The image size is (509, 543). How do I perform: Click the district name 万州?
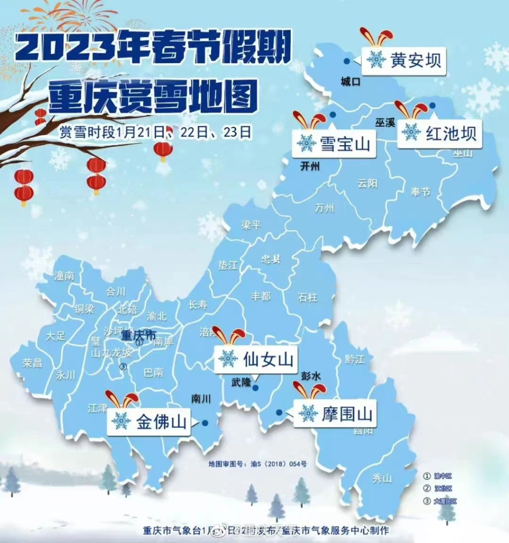(324, 208)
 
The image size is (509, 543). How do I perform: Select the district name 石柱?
(308, 298)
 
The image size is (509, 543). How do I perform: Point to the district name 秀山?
(382, 479)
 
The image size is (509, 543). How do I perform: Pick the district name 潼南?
(63, 276)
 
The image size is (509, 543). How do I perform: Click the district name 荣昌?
(32, 363)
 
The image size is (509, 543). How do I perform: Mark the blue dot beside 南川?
(204, 423)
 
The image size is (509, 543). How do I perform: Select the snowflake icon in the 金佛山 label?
(121, 421)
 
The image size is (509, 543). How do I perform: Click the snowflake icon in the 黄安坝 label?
(376, 60)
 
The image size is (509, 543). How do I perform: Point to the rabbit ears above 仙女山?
(229, 335)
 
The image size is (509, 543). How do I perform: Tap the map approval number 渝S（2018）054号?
(257, 464)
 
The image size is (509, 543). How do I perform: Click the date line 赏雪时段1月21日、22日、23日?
(156, 132)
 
